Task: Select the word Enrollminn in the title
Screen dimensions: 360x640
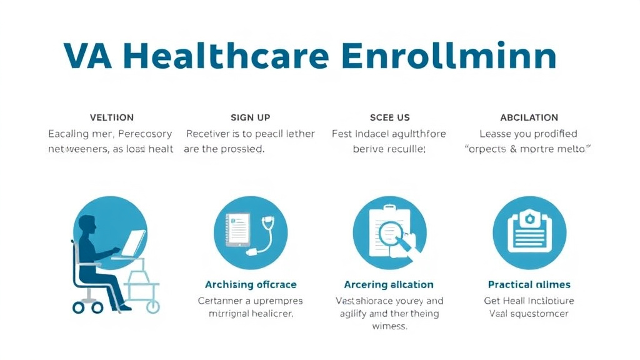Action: pos(449,56)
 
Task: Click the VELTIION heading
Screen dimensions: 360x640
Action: pos(112,117)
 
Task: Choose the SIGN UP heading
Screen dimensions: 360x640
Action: pos(251,117)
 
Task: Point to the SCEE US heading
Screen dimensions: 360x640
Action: pos(390,117)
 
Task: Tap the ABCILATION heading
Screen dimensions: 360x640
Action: pos(529,117)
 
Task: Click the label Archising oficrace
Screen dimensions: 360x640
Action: pos(251,285)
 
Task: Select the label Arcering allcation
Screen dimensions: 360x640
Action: pos(389,285)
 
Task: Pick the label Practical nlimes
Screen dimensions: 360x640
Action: pos(529,285)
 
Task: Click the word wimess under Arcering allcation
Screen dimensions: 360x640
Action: pos(389,327)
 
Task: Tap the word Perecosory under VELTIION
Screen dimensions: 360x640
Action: pos(145,134)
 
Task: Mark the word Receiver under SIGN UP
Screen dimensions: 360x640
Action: pos(208,134)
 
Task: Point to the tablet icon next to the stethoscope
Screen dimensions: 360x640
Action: pos(237,229)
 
